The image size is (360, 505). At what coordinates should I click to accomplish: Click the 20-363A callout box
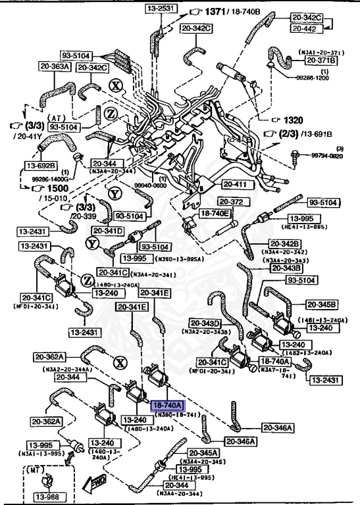click(55, 66)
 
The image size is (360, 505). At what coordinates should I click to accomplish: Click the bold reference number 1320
click(294, 120)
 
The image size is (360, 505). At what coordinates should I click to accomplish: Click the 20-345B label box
click(322, 304)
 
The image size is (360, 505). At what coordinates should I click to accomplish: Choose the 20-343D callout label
click(206, 323)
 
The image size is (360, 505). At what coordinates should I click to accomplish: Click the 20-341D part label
click(108, 231)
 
